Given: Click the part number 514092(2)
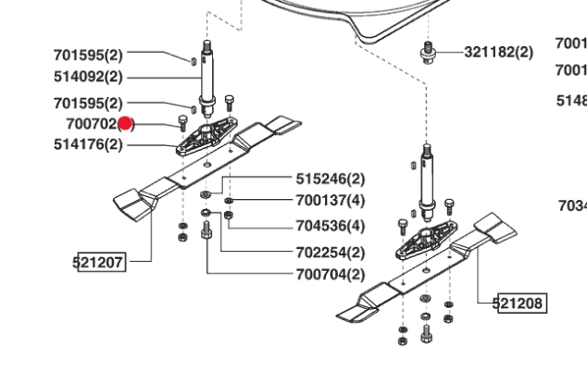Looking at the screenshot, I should tap(88, 78).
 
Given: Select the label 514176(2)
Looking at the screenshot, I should tap(88, 144).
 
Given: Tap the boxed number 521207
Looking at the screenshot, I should tap(98, 263).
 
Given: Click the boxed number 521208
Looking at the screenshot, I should tap(519, 303).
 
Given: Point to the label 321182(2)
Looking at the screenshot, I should tap(499, 52).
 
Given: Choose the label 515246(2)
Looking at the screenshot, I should tap(330, 178).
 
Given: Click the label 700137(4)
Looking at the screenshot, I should tap(330, 200).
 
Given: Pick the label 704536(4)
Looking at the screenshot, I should tap(330, 226).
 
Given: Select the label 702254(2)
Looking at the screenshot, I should tap(330, 252).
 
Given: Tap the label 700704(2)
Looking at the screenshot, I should tap(330, 275).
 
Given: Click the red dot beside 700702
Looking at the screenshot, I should tap(127, 123).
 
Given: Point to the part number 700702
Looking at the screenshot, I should tap(91, 123).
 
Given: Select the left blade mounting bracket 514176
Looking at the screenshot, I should tap(206, 135).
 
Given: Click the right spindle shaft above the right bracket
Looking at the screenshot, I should tap(428, 180).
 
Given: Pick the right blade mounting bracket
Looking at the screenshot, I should tap(427, 240).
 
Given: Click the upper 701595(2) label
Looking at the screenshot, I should tap(88, 55).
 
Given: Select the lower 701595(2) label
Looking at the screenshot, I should tap(88, 103).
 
